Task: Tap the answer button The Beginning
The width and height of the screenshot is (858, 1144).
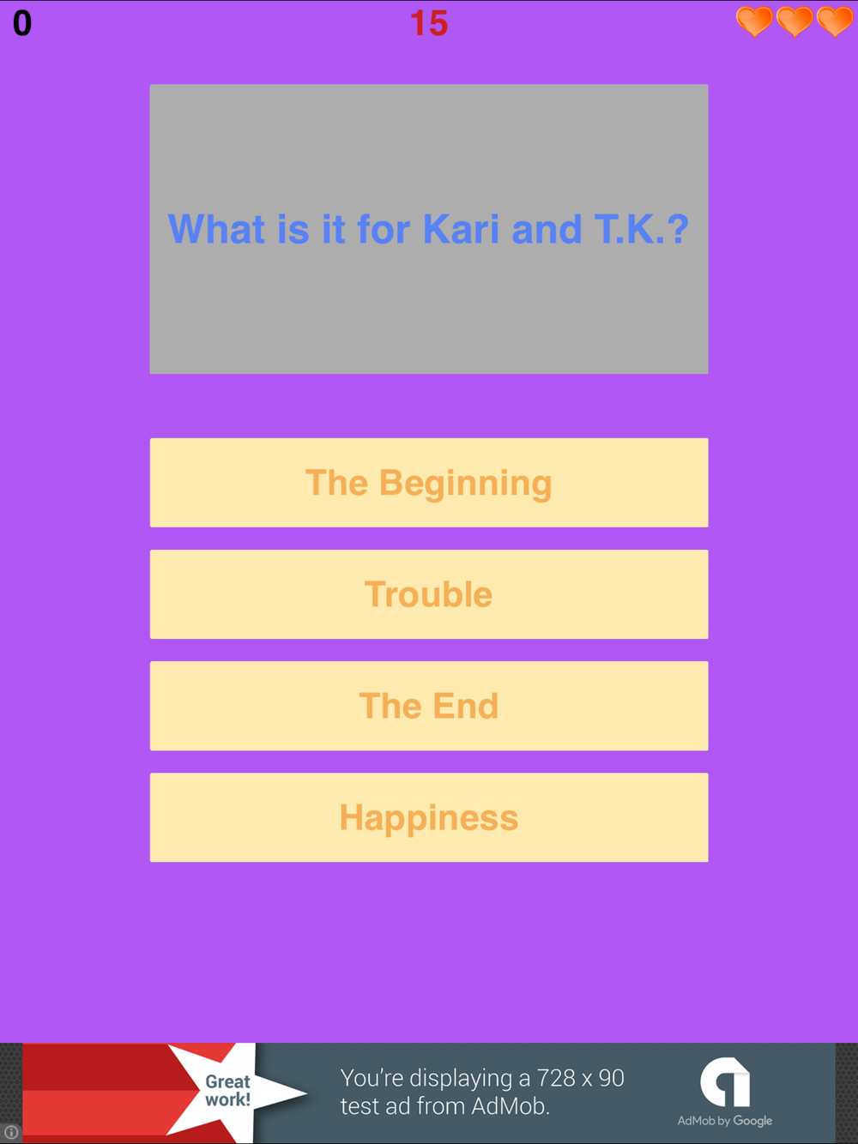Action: click(429, 483)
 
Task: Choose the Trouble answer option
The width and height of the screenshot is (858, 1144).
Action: click(429, 594)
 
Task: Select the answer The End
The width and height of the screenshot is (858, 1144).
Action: click(429, 706)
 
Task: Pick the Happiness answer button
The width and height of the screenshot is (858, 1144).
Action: click(429, 817)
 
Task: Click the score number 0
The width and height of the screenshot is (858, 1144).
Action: click(22, 23)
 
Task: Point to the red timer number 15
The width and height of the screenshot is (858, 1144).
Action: click(429, 23)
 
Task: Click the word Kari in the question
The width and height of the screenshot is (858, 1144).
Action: click(461, 229)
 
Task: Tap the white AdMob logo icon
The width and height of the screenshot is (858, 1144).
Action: click(725, 1081)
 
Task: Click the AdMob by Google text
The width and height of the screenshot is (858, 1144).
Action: click(724, 1121)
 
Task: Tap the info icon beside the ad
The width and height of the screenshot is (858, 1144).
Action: click(11, 1132)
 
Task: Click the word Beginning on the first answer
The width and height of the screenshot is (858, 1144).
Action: click(466, 484)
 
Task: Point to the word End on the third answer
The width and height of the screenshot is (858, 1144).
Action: click(466, 706)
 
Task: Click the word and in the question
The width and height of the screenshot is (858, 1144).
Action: click(547, 229)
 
